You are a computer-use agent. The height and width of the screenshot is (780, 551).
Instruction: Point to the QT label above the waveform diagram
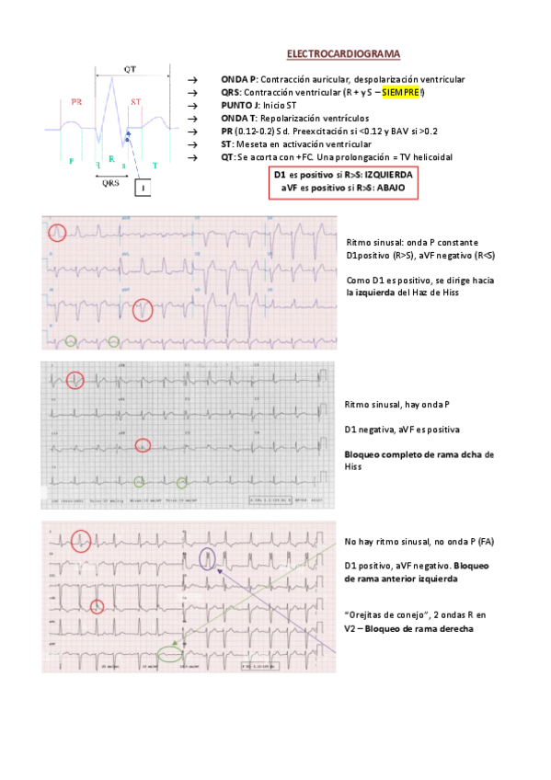132,69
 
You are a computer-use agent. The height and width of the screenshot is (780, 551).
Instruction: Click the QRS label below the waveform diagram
110,181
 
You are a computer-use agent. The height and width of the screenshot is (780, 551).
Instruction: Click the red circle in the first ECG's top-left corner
57,233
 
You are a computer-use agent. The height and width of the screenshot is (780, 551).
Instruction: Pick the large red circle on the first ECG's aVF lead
143,310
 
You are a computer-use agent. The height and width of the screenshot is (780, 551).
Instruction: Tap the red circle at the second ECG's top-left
75,378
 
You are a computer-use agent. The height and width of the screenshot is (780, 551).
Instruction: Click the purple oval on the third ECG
209,557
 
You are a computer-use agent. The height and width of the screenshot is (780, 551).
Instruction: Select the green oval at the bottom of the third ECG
169,654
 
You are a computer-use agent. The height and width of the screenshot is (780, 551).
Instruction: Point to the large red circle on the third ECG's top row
80,542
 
